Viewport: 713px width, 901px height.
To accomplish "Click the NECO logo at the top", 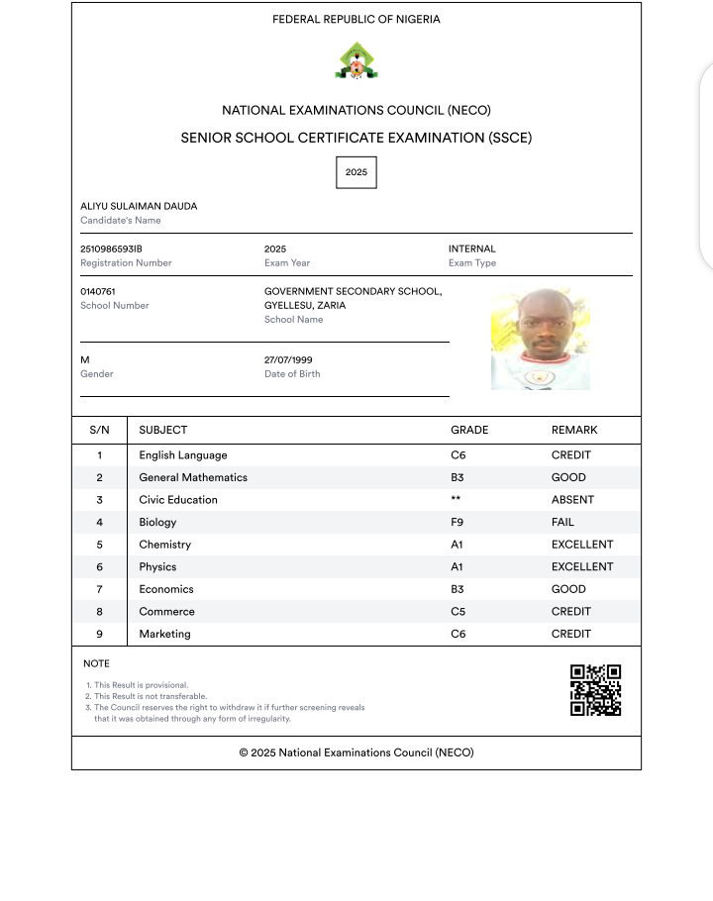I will (x=356, y=61).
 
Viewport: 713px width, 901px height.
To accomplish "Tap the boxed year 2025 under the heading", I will (x=356, y=172).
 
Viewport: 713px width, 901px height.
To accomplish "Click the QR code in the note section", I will (x=595, y=690).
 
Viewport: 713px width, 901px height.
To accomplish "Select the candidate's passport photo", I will (x=540, y=339).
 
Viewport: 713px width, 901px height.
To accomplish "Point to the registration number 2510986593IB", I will (x=118, y=249).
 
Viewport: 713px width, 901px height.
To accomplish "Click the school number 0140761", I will (x=98, y=291).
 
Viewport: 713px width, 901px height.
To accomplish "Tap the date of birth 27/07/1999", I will (x=288, y=359).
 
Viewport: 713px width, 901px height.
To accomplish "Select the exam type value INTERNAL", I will (x=472, y=249).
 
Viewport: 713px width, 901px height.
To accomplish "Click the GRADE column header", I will (x=469, y=430).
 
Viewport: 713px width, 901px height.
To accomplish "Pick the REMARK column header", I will (x=574, y=430).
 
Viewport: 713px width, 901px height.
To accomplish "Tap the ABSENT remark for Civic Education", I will (x=571, y=500).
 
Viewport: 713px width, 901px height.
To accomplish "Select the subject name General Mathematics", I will (x=193, y=477).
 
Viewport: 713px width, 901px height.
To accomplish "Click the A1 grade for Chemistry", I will (x=458, y=545).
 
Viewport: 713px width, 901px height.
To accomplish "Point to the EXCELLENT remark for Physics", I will (x=582, y=567).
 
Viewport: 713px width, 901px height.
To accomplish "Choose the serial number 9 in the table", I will (x=99, y=634).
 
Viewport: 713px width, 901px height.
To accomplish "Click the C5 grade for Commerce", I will (x=458, y=612).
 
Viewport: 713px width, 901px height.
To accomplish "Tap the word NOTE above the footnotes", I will (x=96, y=663).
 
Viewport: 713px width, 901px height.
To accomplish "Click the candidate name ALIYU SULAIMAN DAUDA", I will (x=139, y=206).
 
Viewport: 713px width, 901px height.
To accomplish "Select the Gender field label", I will (x=97, y=374).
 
